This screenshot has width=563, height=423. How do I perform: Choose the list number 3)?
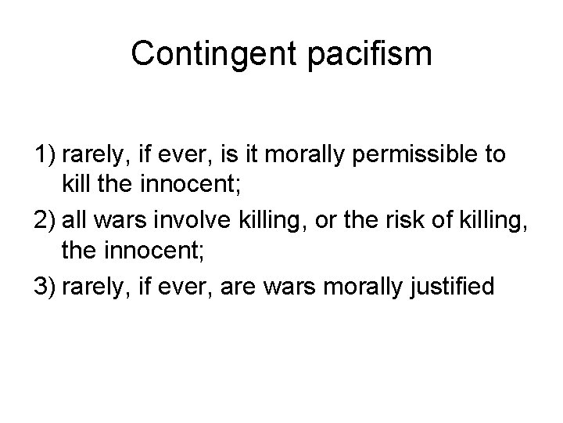pyautogui.click(x=45, y=287)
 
